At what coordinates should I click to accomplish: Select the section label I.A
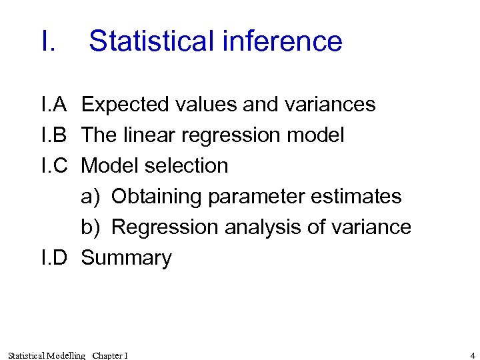point(54,105)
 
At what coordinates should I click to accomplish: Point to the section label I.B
point(54,135)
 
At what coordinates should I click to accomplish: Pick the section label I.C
point(55,165)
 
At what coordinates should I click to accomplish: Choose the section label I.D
point(55,258)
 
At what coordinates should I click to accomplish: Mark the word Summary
point(126,259)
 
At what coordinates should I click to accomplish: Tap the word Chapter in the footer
point(107,355)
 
